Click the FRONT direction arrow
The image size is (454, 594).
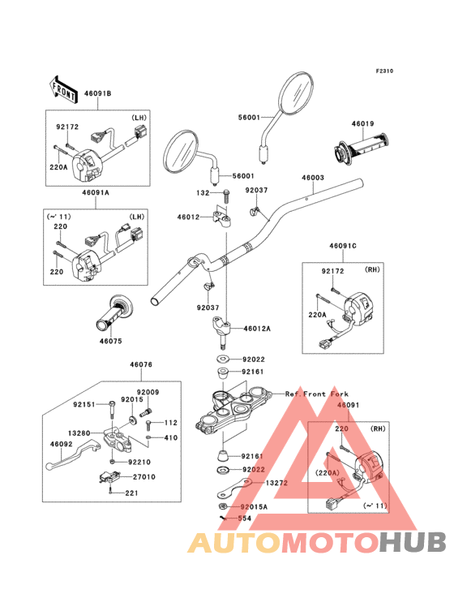tap(62, 90)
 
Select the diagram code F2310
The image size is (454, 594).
tap(384, 71)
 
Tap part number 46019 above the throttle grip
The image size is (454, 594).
tap(362, 123)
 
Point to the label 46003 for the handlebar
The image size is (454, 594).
tap(312, 177)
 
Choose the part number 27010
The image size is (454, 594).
tap(143, 477)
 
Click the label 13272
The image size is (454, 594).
tap(276, 483)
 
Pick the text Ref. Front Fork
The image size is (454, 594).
tap(317, 394)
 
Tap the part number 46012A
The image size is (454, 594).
tap(257, 329)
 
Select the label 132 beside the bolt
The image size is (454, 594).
tap(203, 193)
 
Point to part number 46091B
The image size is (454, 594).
tap(97, 93)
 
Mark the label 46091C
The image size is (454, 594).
tap(343, 246)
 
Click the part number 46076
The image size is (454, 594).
tap(141, 364)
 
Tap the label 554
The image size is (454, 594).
tap(244, 518)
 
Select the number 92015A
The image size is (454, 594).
tap(254, 507)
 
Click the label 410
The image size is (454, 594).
tap(170, 437)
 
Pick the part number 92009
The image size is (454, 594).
tap(148, 392)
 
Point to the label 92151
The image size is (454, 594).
tap(84, 405)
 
